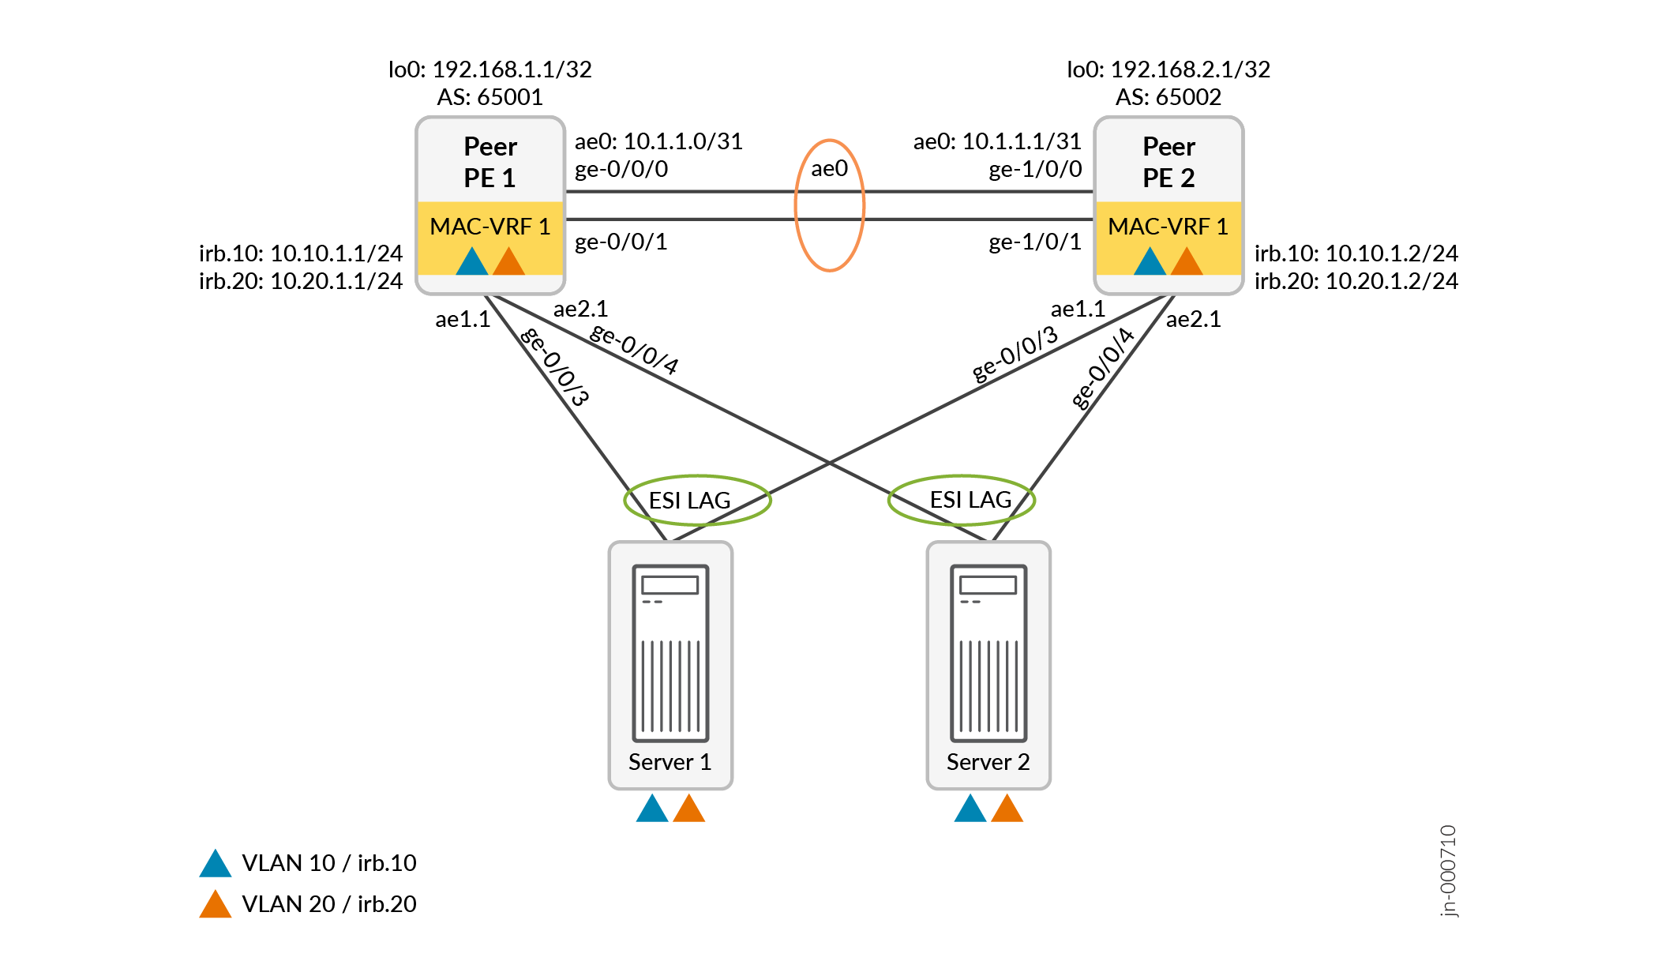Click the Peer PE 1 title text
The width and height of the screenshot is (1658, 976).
(x=490, y=162)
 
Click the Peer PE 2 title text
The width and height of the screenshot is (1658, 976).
(x=1168, y=162)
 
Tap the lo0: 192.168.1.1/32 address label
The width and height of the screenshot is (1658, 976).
(x=490, y=69)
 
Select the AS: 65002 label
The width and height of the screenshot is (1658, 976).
(x=1168, y=97)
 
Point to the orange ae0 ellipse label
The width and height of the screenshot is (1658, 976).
(x=829, y=168)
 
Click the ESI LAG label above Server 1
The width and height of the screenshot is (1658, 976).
(x=689, y=501)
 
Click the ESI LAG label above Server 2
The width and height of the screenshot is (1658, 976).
(x=970, y=500)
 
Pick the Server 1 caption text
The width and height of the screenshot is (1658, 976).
(x=670, y=762)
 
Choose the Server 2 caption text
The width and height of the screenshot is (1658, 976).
(x=988, y=762)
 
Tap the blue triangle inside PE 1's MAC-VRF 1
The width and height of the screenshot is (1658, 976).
(x=472, y=263)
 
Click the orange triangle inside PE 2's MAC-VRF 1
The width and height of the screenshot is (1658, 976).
(x=1187, y=263)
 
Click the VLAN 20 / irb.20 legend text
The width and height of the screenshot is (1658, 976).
(x=328, y=904)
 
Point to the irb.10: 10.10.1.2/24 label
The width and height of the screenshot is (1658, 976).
(x=1356, y=253)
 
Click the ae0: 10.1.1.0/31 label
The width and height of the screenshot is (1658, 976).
(x=658, y=141)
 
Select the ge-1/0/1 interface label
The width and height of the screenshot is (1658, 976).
(x=1034, y=242)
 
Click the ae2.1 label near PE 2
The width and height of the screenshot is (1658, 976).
(x=1193, y=319)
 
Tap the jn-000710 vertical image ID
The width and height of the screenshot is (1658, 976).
(x=1448, y=870)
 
